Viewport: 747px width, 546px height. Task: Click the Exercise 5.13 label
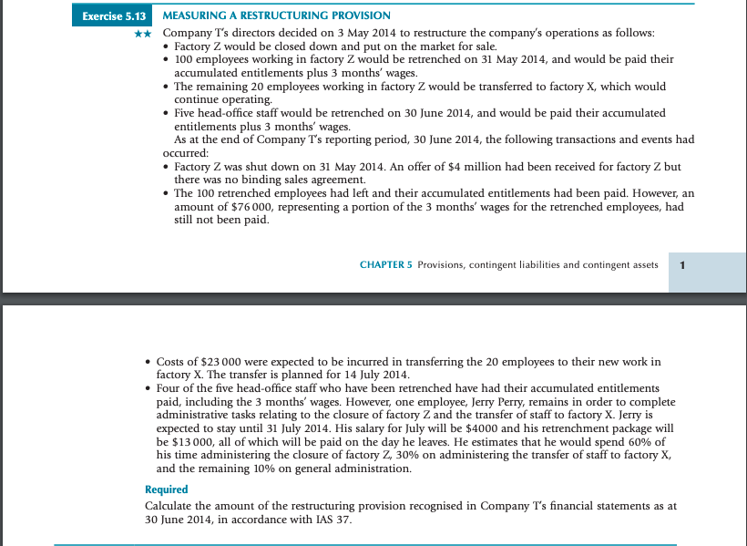tap(113, 16)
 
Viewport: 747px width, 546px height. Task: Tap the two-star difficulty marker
tap(142, 33)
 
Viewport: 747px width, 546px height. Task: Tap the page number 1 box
tap(683, 265)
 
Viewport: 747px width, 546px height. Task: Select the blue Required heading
tap(166, 489)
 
